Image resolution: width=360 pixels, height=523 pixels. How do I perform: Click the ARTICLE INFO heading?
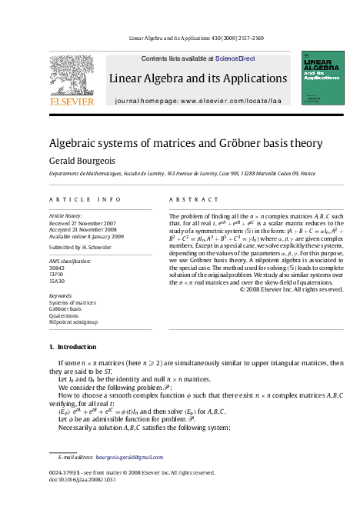pyautogui.click(x=80, y=198)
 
